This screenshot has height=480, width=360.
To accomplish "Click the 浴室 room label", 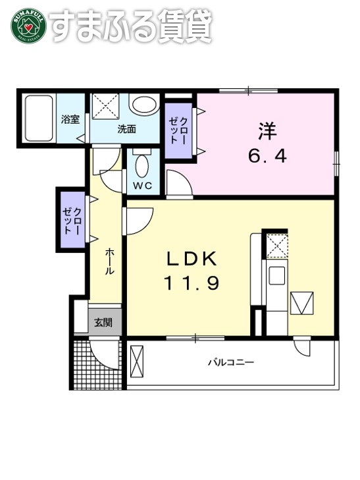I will click(70, 120).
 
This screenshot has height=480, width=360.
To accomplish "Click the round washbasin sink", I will click(143, 105).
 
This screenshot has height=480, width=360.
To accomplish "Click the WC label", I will click(143, 186).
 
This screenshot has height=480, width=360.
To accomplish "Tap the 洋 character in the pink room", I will click(267, 131).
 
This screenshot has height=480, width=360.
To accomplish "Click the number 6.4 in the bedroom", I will click(267, 157).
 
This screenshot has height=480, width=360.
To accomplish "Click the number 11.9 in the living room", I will click(191, 283).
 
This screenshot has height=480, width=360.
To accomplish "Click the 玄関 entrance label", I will click(103, 322).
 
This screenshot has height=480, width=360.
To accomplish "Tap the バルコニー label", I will click(231, 362).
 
